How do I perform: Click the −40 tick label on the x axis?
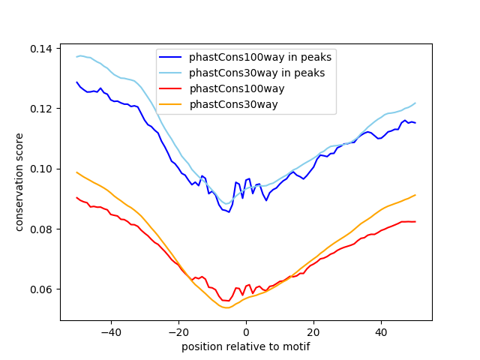[x=110, y=331]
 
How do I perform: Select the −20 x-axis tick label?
[x=178, y=331]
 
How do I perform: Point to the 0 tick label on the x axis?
[x=246, y=331]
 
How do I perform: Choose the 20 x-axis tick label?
[x=313, y=331]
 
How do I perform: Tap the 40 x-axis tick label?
[x=381, y=331]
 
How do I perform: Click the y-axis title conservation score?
[x=20, y=182]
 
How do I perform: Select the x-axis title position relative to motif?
[x=246, y=346]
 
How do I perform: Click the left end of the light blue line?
[x=77, y=56]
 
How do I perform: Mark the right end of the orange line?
[x=415, y=195]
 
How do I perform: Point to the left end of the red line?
[x=77, y=197]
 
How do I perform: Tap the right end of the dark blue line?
[x=415, y=122]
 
